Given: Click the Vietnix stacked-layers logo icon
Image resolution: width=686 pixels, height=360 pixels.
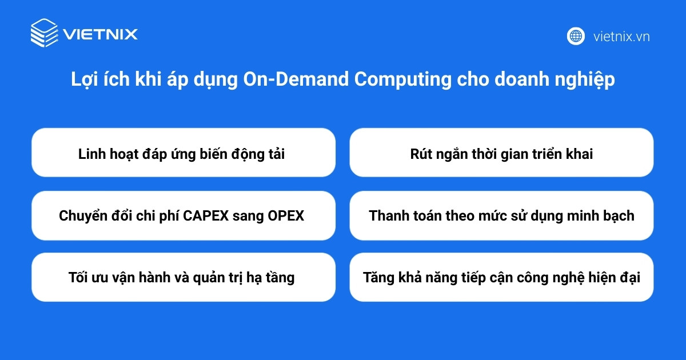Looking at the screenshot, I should point(44,33).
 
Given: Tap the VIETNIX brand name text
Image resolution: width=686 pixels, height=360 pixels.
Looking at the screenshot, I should point(101,34).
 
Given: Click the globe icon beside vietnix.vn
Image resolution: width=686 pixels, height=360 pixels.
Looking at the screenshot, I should point(576,36).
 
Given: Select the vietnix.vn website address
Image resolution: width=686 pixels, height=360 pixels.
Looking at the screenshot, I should point(621,37).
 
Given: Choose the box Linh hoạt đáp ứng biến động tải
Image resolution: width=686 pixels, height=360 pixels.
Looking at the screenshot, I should point(183,153).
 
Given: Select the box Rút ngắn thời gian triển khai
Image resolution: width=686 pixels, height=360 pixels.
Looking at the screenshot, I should point(501,153).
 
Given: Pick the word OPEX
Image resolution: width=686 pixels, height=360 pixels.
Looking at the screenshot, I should point(286,216).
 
